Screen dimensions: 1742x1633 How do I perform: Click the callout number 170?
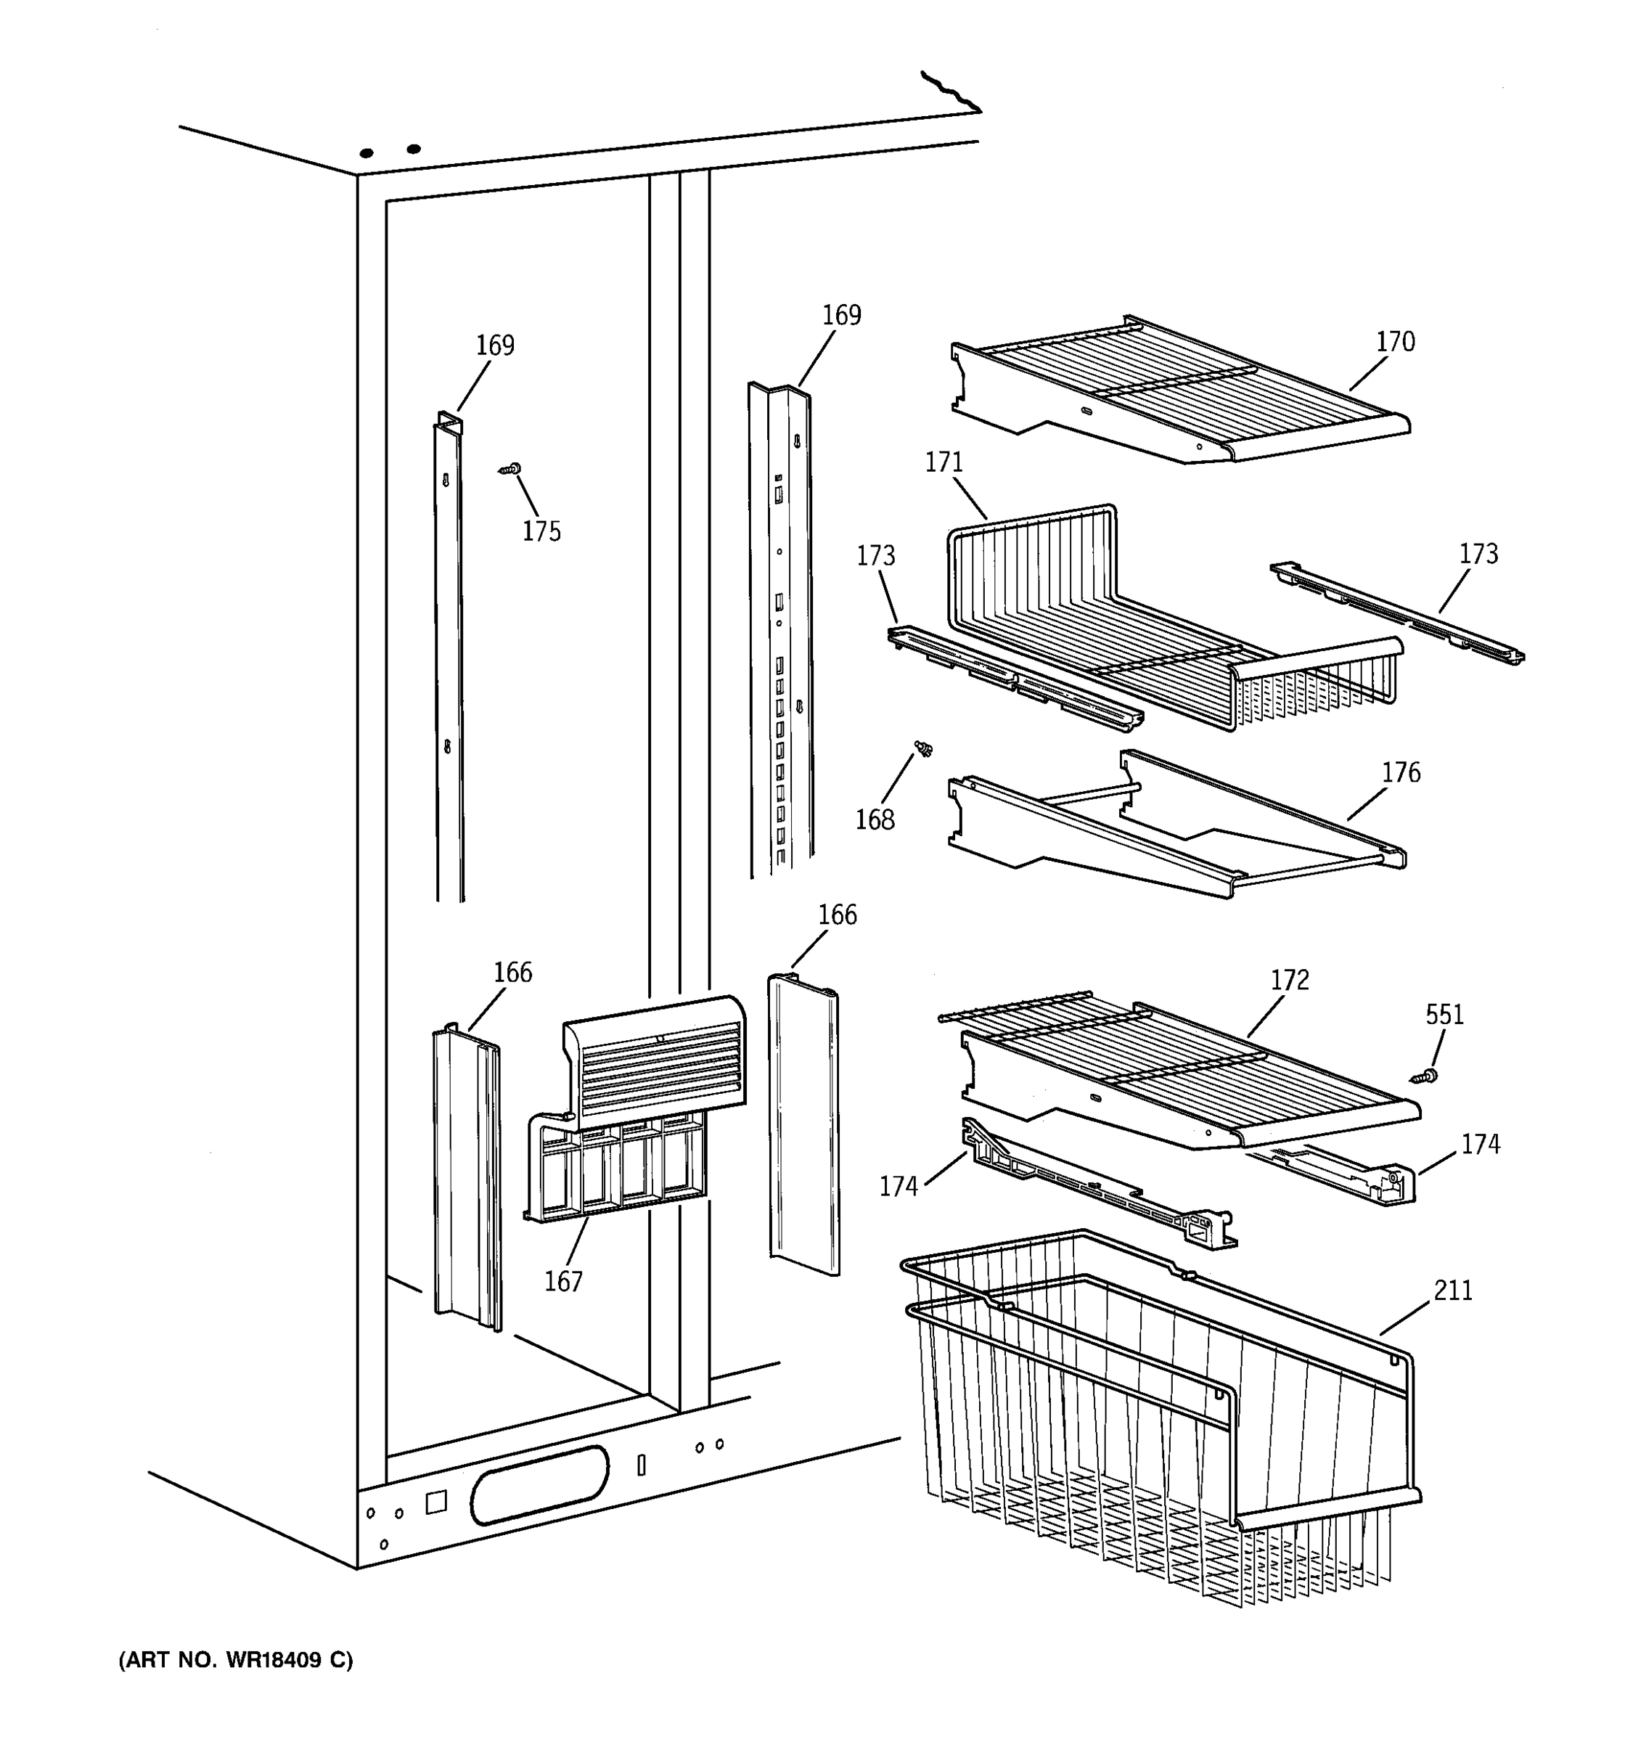(x=1395, y=342)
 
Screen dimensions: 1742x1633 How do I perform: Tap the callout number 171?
(x=944, y=462)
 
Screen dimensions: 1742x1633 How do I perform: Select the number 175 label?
(x=541, y=531)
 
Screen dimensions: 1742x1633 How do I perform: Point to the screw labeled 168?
(x=922, y=748)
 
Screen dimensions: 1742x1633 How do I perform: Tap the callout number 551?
(x=1444, y=1015)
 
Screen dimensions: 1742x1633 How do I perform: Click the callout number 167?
(x=563, y=1282)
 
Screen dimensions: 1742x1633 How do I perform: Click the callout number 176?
(x=1401, y=773)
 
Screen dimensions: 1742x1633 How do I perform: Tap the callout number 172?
(x=1290, y=980)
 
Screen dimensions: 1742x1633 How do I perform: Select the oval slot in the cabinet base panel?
(x=539, y=1484)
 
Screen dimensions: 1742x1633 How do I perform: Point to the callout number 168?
(x=875, y=820)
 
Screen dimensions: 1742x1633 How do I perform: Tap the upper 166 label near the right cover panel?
(x=837, y=915)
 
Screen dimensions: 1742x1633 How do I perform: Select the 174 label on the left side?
(x=898, y=1187)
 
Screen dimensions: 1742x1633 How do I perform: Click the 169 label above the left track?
(x=495, y=345)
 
